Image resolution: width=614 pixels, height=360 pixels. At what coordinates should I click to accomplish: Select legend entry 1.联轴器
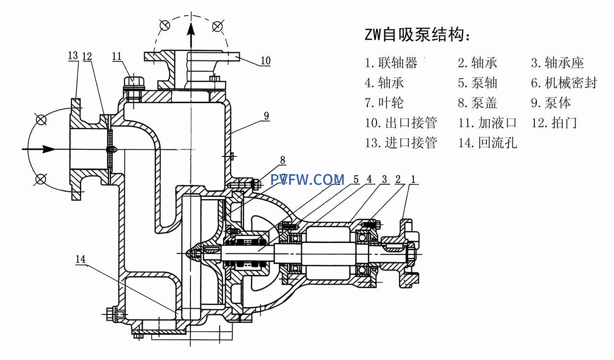point(391,63)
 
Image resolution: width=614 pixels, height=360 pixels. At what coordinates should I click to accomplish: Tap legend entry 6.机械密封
point(564,83)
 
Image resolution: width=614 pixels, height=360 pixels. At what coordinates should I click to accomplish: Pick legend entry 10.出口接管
point(401,123)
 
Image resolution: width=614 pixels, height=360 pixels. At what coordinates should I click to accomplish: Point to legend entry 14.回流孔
point(487,143)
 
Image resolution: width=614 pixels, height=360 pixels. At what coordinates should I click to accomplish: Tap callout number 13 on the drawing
point(73,56)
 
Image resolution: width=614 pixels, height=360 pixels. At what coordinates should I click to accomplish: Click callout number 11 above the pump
point(117,56)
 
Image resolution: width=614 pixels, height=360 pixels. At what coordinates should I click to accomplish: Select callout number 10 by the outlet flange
point(265,61)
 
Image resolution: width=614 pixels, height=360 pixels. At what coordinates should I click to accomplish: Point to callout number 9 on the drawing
point(266,116)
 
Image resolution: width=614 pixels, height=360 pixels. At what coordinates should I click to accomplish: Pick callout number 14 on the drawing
point(81,260)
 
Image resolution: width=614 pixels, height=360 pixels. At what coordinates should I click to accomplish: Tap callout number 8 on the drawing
point(283,160)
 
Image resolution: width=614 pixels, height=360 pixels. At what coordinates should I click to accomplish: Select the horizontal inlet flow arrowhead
point(48,149)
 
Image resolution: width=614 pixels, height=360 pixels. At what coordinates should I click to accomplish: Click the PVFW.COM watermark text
point(307,180)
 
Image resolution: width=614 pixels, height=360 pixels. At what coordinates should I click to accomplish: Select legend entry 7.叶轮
point(384,103)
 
